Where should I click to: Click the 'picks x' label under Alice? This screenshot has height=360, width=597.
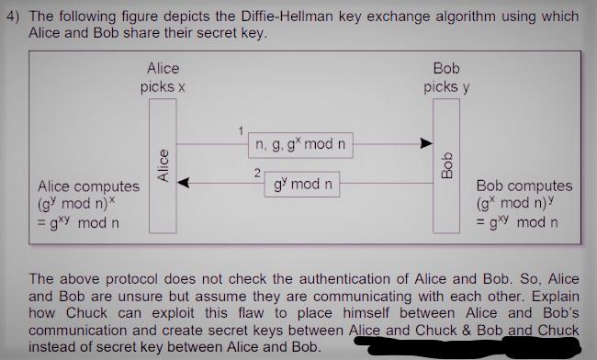(x=163, y=87)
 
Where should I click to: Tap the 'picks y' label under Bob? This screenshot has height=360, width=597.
(x=446, y=87)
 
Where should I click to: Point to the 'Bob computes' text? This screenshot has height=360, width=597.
(x=524, y=186)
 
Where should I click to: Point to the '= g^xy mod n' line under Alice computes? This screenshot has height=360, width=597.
(x=78, y=223)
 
